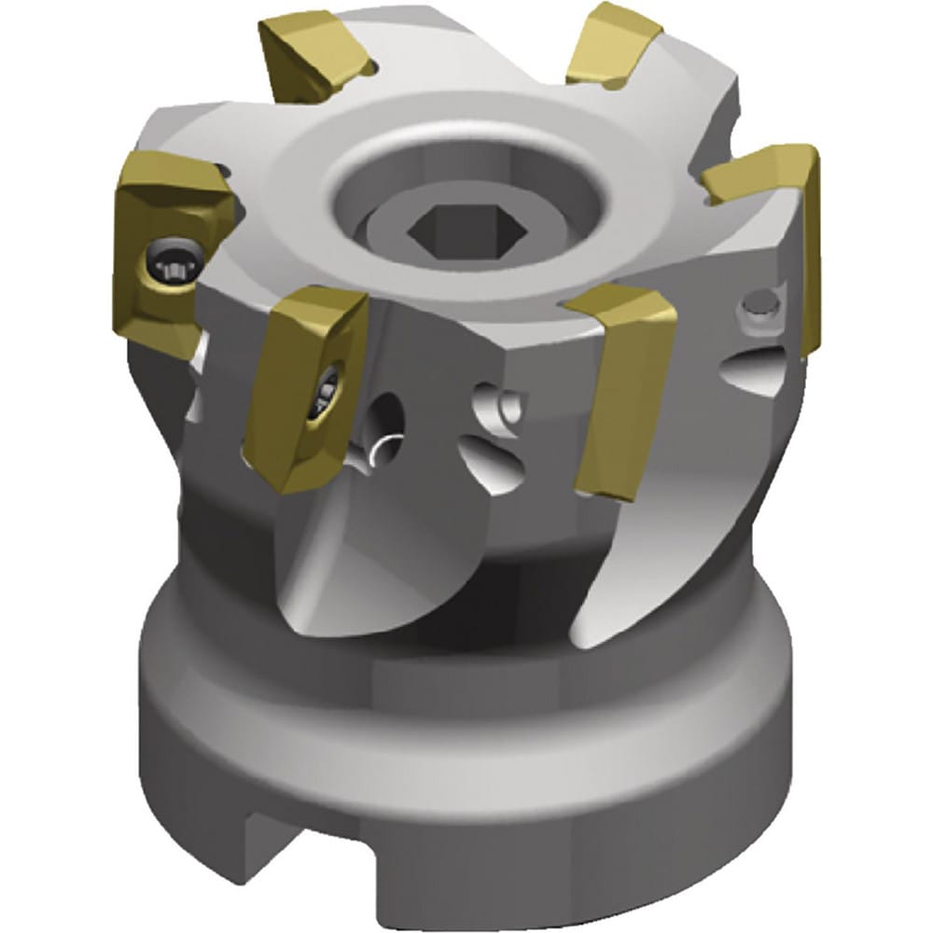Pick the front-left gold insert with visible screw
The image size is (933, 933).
pyautogui.click(x=303, y=387)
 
